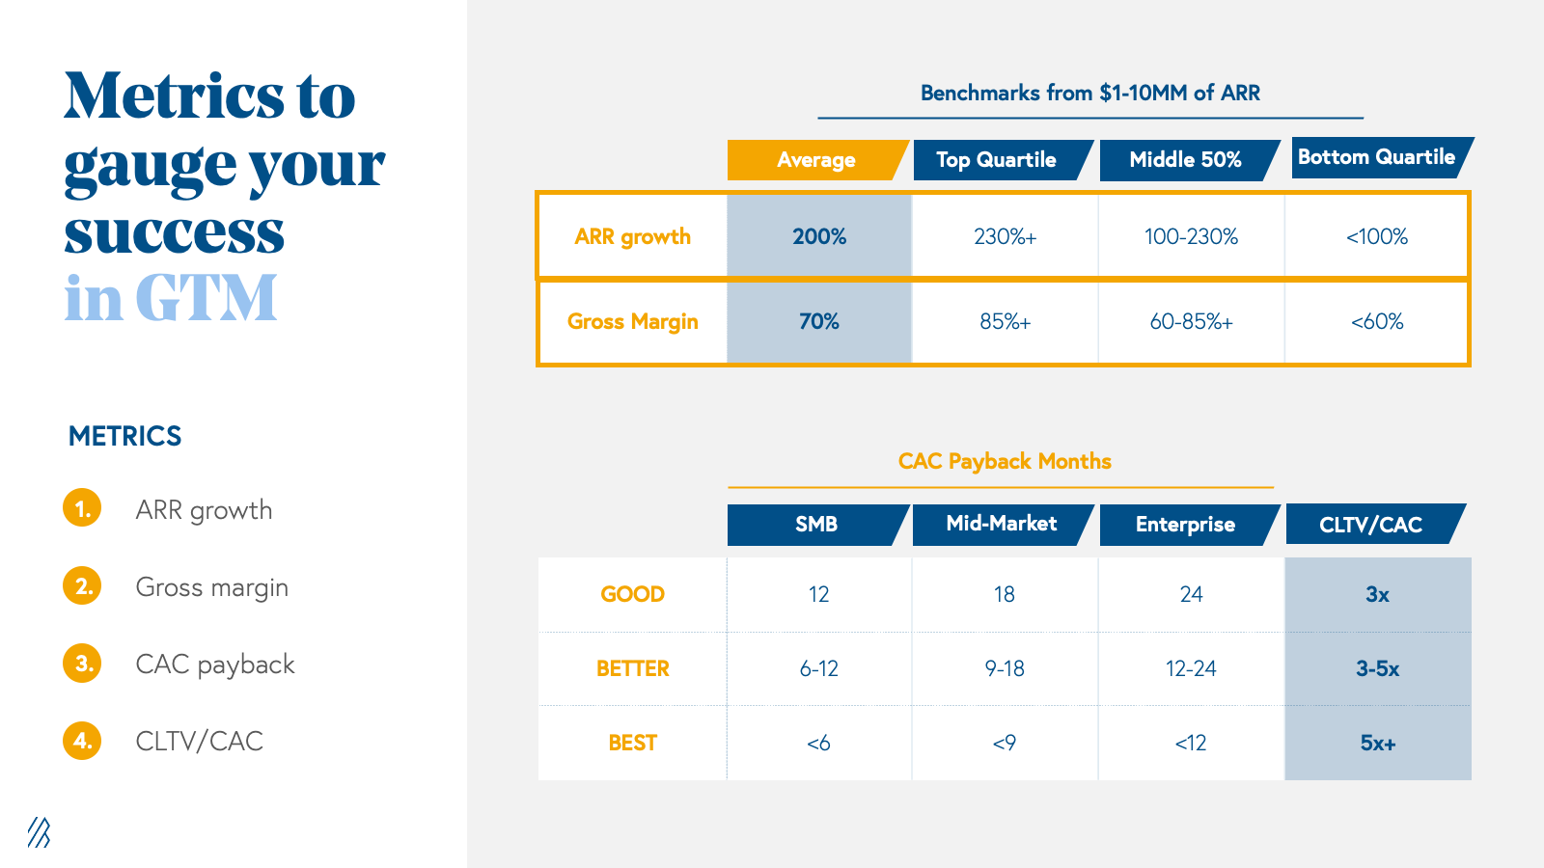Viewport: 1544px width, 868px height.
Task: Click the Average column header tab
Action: (815, 160)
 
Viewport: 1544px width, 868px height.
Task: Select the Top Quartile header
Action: (996, 160)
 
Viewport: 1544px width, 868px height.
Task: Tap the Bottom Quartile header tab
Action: (1376, 157)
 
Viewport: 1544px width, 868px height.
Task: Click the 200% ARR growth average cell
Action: (819, 236)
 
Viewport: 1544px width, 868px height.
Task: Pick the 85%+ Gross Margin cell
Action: (1005, 321)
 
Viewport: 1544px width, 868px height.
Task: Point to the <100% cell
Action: (1377, 236)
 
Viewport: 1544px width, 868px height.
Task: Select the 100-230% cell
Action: (1191, 236)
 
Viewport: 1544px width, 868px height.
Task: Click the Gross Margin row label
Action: (632, 321)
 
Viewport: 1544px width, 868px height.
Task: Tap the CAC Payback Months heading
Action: (1005, 461)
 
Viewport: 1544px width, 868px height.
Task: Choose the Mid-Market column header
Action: (1001, 524)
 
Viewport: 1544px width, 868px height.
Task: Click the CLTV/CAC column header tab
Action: (1370, 525)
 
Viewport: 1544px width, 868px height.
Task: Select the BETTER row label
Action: (632, 668)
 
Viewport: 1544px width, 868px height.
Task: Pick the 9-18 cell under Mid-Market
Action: (1005, 668)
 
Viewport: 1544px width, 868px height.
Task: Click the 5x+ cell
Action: (1377, 743)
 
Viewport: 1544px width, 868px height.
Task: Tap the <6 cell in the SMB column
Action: (818, 743)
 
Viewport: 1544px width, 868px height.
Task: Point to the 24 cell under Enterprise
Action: (1191, 594)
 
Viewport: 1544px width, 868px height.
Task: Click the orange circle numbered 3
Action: (83, 664)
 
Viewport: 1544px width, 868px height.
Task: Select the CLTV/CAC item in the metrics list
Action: (199, 741)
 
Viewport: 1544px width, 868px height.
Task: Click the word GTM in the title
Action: (206, 299)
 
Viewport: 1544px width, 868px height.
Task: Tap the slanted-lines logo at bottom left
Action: (39, 832)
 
